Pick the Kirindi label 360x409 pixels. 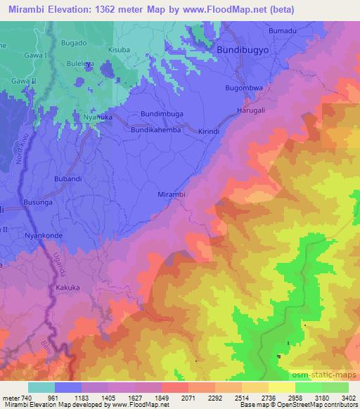click(x=210, y=131)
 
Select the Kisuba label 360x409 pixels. click(x=120, y=51)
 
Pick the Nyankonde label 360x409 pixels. click(x=44, y=236)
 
